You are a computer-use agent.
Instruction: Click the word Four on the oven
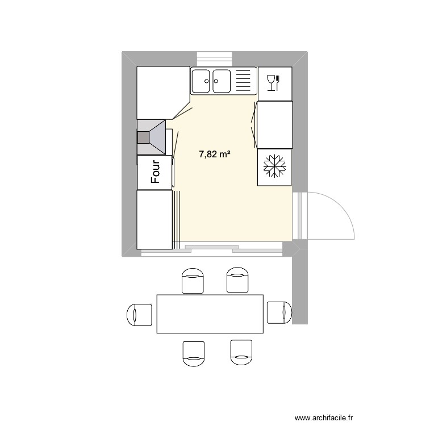pyautogui.click(x=155, y=171)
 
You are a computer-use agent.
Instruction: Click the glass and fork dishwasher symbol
pyautogui.click(x=273, y=83)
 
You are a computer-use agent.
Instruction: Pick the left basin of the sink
pyautogui.click(x=202, y=80)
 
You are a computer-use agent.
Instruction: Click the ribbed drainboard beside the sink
pyautogui.click(x=243, y=80)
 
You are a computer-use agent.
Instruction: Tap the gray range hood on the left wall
pyautogui.click(x=152, y=137)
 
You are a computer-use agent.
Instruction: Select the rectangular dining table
pyautogui.click(x=210, y=314)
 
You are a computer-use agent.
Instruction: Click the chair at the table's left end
pyautogui.click(x=139, y=314)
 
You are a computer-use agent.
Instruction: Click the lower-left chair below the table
pyautogui.click(x=193, y=352)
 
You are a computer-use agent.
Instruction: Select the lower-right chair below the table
pyautogui.click(x=241, y=351)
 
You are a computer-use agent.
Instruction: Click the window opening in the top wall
pyautogui.click(x=215, y=59)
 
